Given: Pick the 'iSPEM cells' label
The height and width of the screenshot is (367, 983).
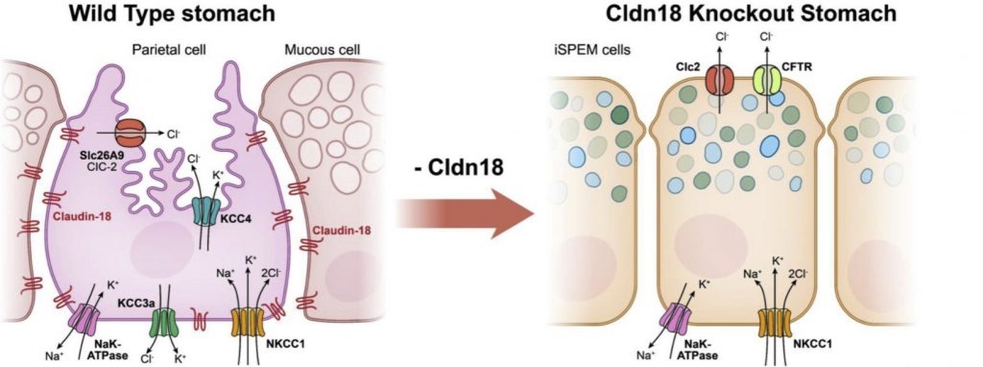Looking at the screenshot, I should click(x=591, y=47).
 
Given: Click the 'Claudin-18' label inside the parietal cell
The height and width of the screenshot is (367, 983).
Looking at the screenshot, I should click(x=79, y=217).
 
